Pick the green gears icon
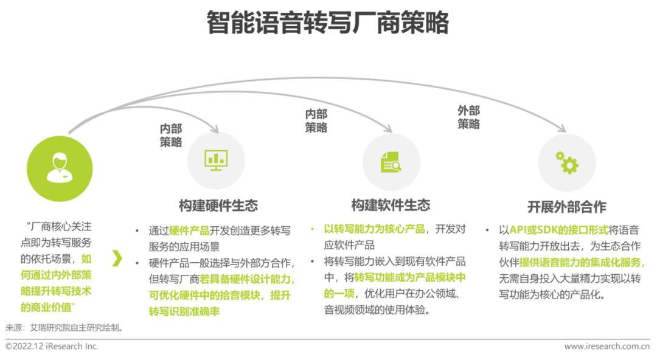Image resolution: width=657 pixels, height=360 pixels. click(x=567, y=162)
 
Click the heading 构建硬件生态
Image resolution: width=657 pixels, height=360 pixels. click(x=218, y=206)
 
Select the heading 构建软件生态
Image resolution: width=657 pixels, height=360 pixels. click(x=391, y=205)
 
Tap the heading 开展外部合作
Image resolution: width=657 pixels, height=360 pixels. click(x=566, y=207)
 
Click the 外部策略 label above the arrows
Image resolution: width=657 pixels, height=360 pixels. click(x=468, y=117)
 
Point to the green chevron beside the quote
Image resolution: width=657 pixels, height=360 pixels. click(x=117, y=258)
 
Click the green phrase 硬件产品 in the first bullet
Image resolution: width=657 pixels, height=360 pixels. click(x=189, y=230)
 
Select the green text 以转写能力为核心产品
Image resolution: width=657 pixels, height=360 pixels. click(x=374, y=229)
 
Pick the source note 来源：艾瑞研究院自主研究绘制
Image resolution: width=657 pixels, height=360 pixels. click(x=65, y=327)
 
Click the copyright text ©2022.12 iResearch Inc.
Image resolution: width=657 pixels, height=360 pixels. click(x=52, y=346)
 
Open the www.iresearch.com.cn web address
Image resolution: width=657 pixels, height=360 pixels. click(x=607, y=346)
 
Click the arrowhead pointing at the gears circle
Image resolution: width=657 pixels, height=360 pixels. click(x=563, y=129)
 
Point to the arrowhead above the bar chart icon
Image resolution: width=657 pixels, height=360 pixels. click(x=215, y=130)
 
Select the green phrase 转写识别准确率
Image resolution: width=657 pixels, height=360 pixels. click(x=184, y=311)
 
